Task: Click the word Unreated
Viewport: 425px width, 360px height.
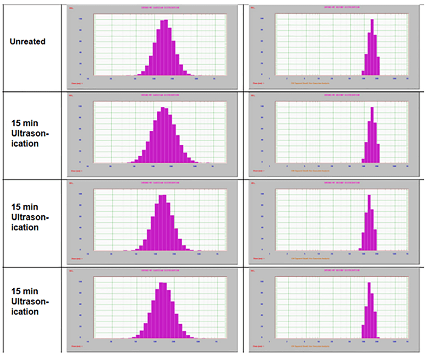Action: pyautogui.click(x=27, y=41)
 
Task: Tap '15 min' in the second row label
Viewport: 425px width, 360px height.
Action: pyautogui.click(x=25, y=123)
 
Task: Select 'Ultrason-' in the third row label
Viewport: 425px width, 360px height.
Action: pyautogui.click(x=30, y=217)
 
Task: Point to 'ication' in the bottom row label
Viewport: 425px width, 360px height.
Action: pyautogui.click(x=25, y=312)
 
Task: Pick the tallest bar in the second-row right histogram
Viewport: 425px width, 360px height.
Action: pyautogui.click(x=372, y=135)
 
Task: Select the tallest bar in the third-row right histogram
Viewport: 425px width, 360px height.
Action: pyautogui.click(x=369, y=223)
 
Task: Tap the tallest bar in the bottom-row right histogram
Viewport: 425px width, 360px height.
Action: pyautogui.click(x=369, y=310)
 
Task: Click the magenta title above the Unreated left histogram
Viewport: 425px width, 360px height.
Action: pyautogui.click(x=160, y=8)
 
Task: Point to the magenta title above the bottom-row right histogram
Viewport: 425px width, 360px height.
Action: pyautogui.click(x=342, y=271)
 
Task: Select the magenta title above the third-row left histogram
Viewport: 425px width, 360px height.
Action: pyautogui.click(x=160, y=183)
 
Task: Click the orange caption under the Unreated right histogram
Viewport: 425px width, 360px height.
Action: pyautogui.click(x=310, y=83)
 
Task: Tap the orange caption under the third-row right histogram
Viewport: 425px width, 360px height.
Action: pyautogui.click(x=310, y=259)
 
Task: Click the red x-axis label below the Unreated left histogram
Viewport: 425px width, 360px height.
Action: pyautogui.click(x=77, y=83)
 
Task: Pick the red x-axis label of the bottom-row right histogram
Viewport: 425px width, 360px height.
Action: pyautogui.click(x=258, y=346)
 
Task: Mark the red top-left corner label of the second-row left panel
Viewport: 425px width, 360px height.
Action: pyautogui.click(x=71, y=95)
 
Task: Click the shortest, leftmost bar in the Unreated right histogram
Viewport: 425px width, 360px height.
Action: pyautogui.click(x=363, y=73)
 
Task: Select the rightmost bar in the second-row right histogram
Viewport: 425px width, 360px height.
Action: pyautogui.click(x=378, y=153)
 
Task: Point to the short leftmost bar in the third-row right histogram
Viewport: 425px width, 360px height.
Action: pyautogui.click(x=360, y=249)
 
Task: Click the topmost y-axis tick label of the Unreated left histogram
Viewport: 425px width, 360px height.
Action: pyautogui.click(x=81, y=19)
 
